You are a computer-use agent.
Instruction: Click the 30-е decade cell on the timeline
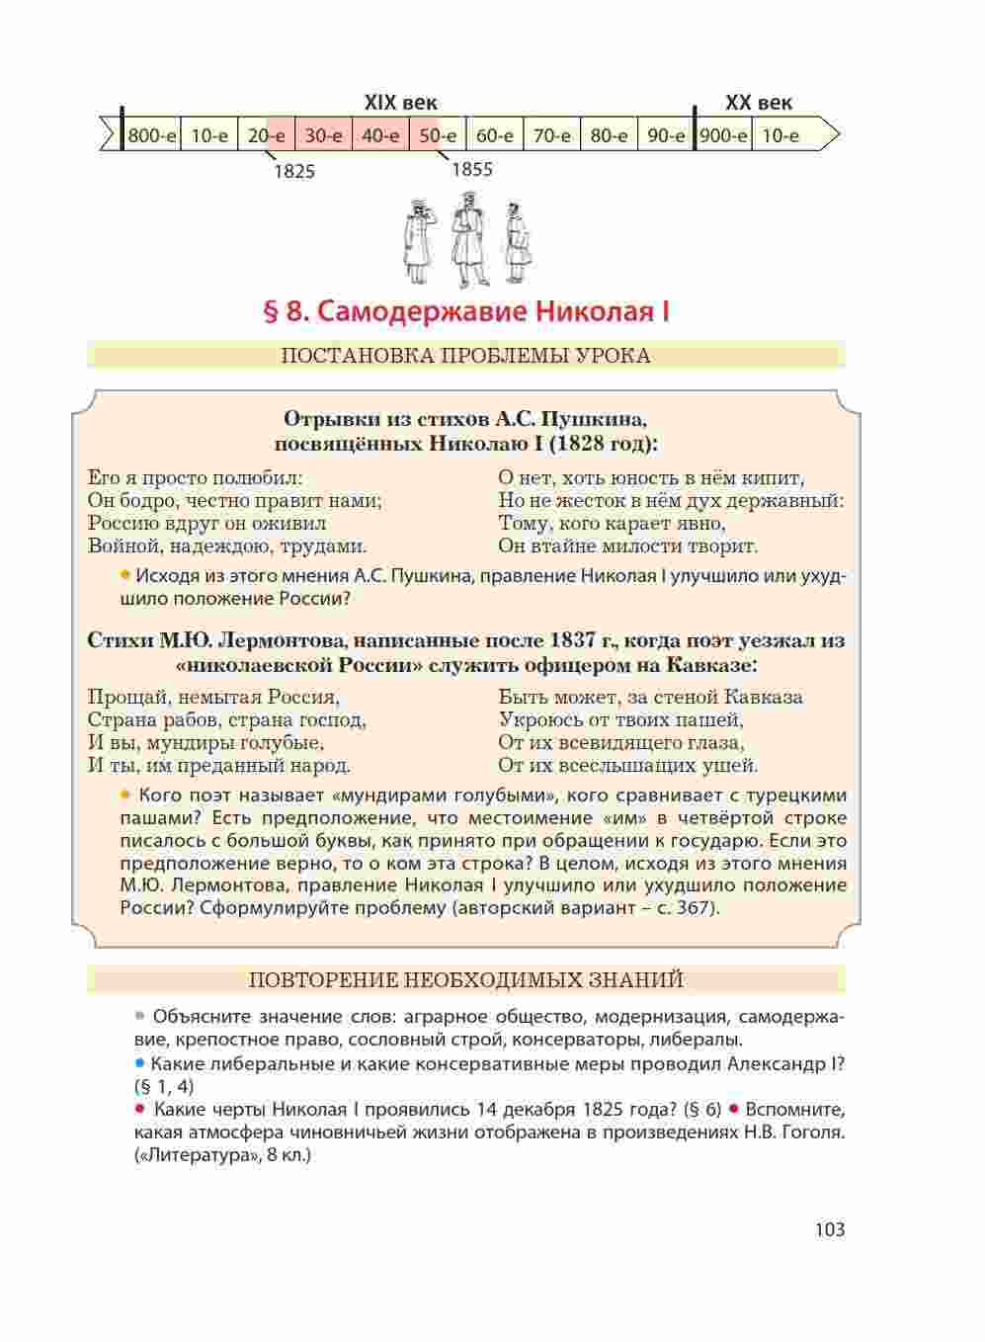tap(323, 135)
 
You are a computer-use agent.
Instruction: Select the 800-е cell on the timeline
tap(151, 135)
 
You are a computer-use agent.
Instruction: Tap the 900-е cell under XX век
tap(723, 135)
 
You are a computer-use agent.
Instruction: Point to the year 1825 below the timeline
tap(294, 172)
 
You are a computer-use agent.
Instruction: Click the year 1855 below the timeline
tap(471, 169)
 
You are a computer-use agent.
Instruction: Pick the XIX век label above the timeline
tap(401, 103)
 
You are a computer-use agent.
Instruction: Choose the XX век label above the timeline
tap(758, 103)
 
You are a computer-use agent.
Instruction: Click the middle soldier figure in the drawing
tap(467, 239)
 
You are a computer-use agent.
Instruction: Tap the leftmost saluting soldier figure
tap(418, 242)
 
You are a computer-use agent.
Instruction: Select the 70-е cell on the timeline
tap(551, 135)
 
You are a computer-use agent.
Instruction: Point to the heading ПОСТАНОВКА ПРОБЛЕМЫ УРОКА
tap(465, 356)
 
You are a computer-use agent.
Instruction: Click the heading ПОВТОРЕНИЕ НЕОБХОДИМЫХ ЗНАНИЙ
tap(465, 979)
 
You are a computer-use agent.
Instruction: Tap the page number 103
tap(830, 1229)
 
